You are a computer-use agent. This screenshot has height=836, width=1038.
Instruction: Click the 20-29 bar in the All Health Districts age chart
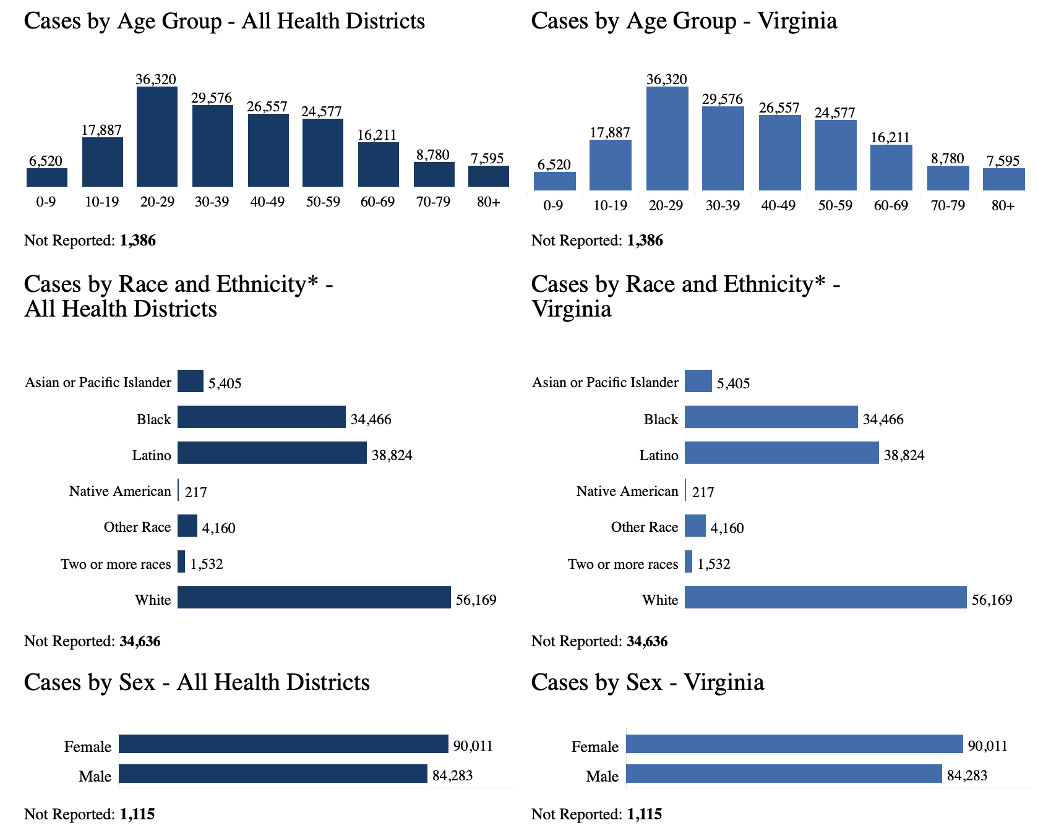point(157,137)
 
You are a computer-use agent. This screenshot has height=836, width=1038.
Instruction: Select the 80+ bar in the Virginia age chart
point(1003,179)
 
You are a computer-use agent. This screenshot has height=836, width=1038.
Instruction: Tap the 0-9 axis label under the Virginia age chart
point(553,205)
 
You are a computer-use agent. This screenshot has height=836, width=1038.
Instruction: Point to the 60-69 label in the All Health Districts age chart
point(377,202)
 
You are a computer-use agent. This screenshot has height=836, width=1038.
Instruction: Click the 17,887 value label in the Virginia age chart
point(610,132)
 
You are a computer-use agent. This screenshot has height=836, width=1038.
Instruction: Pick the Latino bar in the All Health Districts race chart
point(272,453)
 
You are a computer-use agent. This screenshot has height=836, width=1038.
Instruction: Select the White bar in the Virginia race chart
point(825,597)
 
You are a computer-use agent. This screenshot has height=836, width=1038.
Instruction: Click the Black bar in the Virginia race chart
point(771,417)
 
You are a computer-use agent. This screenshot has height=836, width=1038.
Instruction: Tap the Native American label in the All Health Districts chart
point(120,491)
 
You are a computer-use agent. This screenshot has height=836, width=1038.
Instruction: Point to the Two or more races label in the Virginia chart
point(623,564)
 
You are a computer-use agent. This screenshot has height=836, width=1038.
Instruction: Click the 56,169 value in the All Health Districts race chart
point(476,600)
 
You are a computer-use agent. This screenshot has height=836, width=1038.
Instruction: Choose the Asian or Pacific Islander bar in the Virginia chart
point(698,381)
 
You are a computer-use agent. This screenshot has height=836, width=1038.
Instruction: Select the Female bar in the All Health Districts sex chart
point(283,744)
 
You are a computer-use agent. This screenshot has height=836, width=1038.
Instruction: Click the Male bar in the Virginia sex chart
point(784,774)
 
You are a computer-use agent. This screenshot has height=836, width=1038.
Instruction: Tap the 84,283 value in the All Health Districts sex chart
point(452,775)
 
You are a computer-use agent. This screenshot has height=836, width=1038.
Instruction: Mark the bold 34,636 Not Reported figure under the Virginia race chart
point(647,641)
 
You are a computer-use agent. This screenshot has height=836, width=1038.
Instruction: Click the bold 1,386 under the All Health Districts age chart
point(138,241)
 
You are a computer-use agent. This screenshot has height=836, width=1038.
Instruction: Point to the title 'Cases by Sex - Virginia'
point(647,682)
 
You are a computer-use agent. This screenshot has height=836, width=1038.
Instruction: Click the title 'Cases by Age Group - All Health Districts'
point(224,21)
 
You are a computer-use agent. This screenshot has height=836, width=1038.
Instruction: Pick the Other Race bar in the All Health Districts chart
point(187,526)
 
